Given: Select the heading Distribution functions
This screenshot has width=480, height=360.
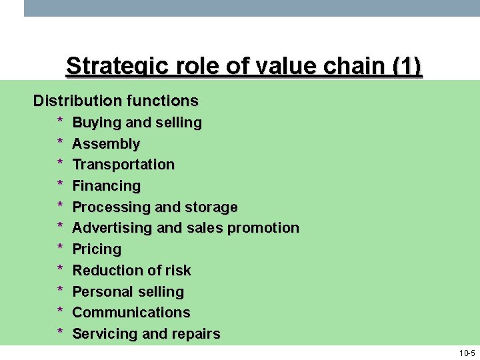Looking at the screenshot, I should [116, 101].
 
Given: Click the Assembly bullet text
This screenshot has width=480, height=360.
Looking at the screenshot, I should [106, 143].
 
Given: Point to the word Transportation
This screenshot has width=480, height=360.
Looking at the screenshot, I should [123, 165].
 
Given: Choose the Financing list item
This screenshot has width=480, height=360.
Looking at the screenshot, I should [107, 185].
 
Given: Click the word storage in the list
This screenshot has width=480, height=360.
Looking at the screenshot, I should [211, 207].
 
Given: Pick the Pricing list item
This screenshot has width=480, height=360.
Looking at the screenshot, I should [97, 249].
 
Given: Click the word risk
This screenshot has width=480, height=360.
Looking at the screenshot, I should [177, 271].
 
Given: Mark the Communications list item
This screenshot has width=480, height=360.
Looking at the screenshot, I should [131, 313].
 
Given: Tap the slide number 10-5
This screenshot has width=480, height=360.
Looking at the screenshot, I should [467, 353].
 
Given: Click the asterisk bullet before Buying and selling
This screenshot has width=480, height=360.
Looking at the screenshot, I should [60, 122].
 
